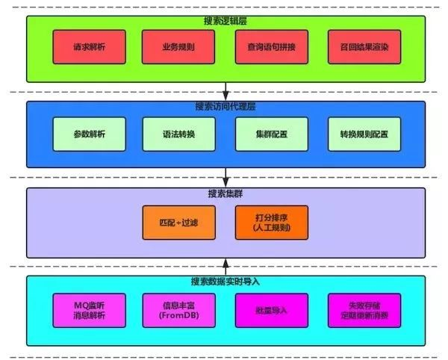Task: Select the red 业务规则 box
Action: click(177, 46)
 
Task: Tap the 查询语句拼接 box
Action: click(270, 46)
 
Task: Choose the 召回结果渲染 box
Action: click(364, 46)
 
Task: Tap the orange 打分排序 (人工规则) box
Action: click(270, 222)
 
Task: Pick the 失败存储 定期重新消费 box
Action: click(364, 310)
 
